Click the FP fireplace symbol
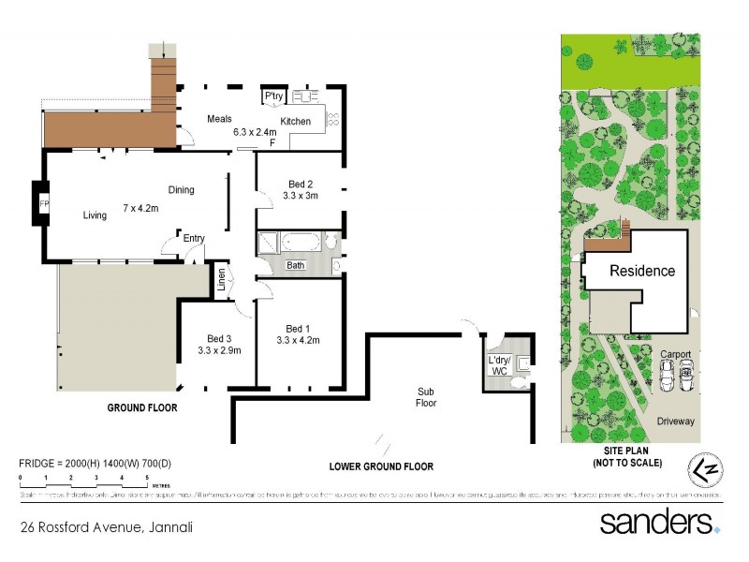coord(43,203)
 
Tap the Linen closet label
coord(222,279)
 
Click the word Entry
coord(194,238)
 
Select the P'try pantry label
coord(273,96)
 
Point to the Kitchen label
coord(296,122)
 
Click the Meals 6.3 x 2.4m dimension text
coord(254,133)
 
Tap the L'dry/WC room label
coord(498,364)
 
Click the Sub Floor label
coord(427,397)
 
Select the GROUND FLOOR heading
coord(142,408)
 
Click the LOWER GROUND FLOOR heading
coord(380,466)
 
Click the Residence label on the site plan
coord(642,272)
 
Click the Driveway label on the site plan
coord(675,421)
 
